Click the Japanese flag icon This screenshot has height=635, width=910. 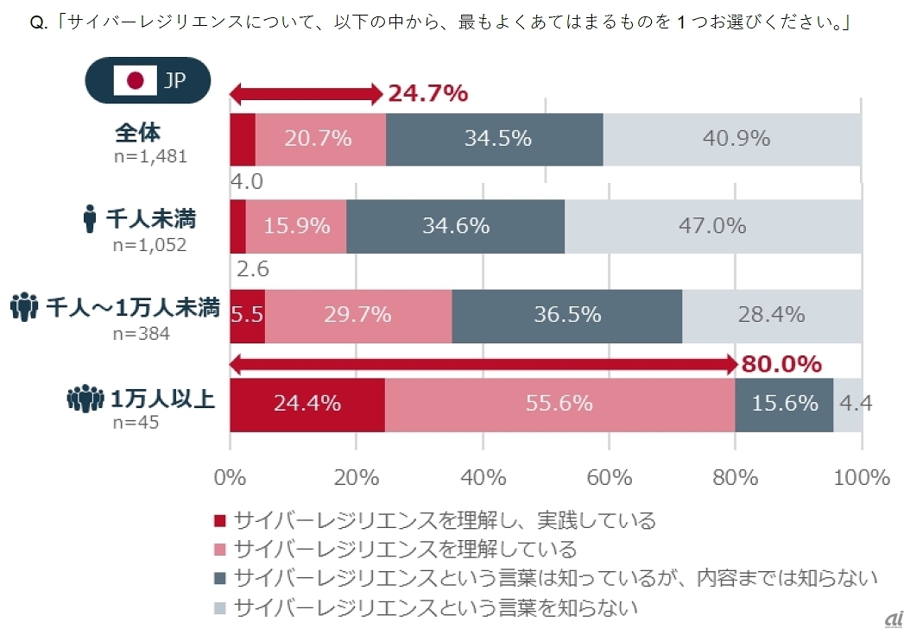pos(134,80)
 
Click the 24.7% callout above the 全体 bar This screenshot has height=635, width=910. pos(427,93)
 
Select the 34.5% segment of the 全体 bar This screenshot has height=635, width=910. pos(495,138)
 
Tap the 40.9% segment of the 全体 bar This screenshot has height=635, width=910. pos(732,138)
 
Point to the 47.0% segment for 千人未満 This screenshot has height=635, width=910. pos(713,226)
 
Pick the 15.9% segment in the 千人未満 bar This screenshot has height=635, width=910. pos(296,226)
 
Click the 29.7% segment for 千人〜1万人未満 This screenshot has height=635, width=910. pos(357,314)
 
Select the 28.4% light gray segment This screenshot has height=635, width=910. pos(771,314)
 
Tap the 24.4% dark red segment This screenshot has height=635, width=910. pos(306,403)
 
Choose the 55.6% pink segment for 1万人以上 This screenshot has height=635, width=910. pos(559,403)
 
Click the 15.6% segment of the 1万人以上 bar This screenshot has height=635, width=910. pos(784,403)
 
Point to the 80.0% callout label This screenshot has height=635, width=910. pos(781,364)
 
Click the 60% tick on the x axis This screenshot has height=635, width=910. pos(610,476)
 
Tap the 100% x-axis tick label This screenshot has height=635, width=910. pos(862,476)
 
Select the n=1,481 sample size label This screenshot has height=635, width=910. pos(151,156)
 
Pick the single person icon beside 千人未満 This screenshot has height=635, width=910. pos(90,220)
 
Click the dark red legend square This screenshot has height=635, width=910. pos(219,520)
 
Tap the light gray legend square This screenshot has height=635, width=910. pos(219,607)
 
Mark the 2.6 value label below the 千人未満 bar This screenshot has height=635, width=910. pos(252,269)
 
